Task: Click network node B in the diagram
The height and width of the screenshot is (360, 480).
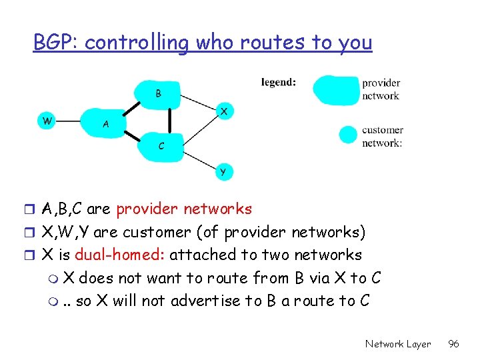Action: tap(158, 93)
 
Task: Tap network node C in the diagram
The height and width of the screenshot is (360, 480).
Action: tap(160, 145)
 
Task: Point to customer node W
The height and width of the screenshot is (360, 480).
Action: tap(47, 121)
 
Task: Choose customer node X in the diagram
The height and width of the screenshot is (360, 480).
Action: tap(224, 111)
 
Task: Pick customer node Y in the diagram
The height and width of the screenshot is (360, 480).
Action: tap(223, 171)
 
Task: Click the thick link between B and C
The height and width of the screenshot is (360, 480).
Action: tap(169, 120)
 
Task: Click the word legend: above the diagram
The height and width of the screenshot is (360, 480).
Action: tap(279, 83)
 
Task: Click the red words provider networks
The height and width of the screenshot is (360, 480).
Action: tap(184, 209)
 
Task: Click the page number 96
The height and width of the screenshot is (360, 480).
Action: tap(453, 344)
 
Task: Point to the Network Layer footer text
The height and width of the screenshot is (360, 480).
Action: tap(398, 344)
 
